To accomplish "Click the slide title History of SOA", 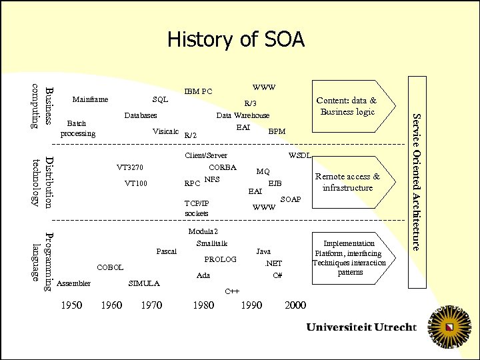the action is (x=235, y=40).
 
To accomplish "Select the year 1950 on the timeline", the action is (x=71, y=305).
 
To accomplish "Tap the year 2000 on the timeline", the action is (x=295, y=305).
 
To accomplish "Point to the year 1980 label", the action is (x=203, y=305).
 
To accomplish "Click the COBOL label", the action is (x=110, y=267).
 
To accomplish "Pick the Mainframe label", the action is (x=89, y=100).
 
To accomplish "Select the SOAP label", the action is (x=291, y=199).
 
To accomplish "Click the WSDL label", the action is (x=299, y=155).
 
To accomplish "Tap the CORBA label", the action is (x=222, y=167).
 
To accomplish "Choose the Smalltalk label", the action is (x=212, y=243).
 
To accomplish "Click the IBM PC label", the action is (x=198, y=91).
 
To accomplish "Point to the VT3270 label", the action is (x=130, y=167).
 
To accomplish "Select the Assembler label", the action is (x=74, y=283).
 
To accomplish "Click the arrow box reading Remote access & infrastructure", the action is (x=347, y=182).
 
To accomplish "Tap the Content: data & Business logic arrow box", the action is (x=347, y=106).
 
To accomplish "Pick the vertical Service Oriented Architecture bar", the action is (x=416, y=181).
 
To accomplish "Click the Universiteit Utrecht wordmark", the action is (x=361, y=327).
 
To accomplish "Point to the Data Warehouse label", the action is (x=243, y=115).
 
